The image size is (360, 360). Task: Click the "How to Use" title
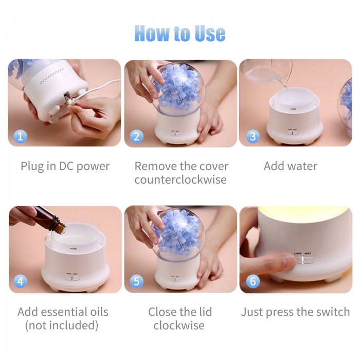(180, 33)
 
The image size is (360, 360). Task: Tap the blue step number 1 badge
(20, 136)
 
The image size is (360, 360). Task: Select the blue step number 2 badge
(136, 136)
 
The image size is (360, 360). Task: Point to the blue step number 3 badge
(253, 136)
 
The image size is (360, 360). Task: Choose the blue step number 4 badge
(20, 281)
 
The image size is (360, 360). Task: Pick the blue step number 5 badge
(136, 281)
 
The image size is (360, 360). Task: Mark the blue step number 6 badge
(253, 281)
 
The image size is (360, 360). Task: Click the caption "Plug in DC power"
(65, 167)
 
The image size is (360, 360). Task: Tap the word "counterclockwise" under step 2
(181, 179)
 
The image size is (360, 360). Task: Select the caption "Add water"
(291, 166)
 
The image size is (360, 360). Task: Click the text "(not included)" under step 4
(62, 326)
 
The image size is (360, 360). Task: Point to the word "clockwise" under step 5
(179, 326)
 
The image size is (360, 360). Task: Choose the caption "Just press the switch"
(296, 312)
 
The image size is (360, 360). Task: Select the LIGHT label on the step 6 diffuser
(298, 254)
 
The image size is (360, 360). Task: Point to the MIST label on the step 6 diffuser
(308, 254)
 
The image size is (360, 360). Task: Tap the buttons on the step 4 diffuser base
(72, 278)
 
